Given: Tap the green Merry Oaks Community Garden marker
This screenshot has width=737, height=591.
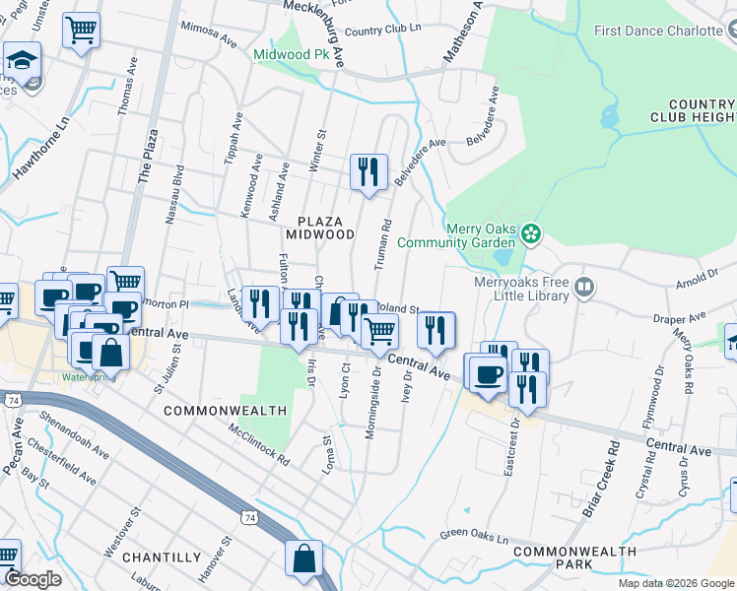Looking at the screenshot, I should [x=532, y=233].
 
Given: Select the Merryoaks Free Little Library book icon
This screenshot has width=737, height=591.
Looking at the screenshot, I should [x=585, y=288].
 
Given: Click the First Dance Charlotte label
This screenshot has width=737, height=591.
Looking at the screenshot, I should [x=659, y=31].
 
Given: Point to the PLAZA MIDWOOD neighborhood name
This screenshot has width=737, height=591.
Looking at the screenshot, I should [x=319, y=228].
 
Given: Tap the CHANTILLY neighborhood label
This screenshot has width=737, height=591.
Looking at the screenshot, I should [x=163, y=558].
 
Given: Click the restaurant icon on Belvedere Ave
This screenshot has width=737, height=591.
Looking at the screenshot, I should [x=368, y=172].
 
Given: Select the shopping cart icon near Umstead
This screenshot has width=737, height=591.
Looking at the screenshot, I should [x=81, y=30].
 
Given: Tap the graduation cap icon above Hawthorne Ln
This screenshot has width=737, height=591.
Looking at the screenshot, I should [x=21, y=61].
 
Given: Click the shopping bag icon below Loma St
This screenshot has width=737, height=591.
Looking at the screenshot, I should [x=303, y=558].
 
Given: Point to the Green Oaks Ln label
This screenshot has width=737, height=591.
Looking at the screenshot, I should [x=474, y=539].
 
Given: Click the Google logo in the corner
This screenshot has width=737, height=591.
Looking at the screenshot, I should [x=33, y=579].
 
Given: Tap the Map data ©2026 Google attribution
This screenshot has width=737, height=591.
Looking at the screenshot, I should [x=675, y=583].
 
